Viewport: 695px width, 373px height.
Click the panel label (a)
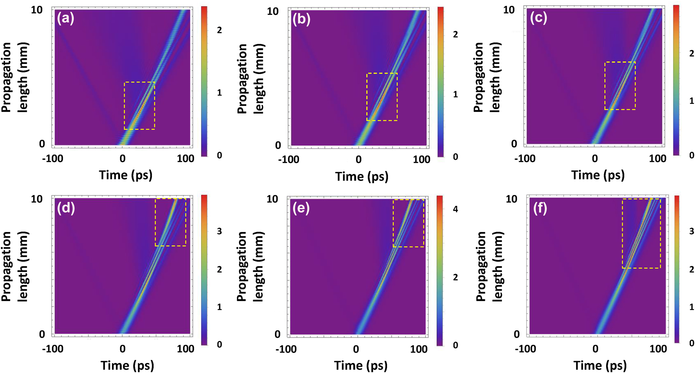click(x=66, y=18)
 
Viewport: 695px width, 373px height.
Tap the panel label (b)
click(x=301, y=19)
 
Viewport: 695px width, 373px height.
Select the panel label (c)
click(x=538, y=17)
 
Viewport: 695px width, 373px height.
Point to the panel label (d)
click(x=66, y=208)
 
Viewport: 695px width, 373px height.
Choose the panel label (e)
click(x=301, y=208)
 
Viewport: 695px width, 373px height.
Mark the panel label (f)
click(x=540, y=208)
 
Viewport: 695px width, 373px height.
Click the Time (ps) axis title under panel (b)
click(x=362, y=176)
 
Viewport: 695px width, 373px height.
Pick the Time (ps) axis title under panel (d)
click(x=127, y=365)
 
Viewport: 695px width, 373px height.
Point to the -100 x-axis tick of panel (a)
click(x=52, y=159)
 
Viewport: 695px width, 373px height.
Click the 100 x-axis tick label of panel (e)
click(x=419, y=349)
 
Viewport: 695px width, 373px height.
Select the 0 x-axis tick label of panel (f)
click(x=595, y=349)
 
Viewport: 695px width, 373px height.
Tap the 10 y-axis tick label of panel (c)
click(x=509, y=10)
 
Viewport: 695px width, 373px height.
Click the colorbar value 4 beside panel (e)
click(x=455, y=209)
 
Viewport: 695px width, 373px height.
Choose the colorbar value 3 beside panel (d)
click(x=220, y=231)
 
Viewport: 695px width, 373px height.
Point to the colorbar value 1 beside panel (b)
click(x=455, y=94)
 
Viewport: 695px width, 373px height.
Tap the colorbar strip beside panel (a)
click(x=204, y=81)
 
